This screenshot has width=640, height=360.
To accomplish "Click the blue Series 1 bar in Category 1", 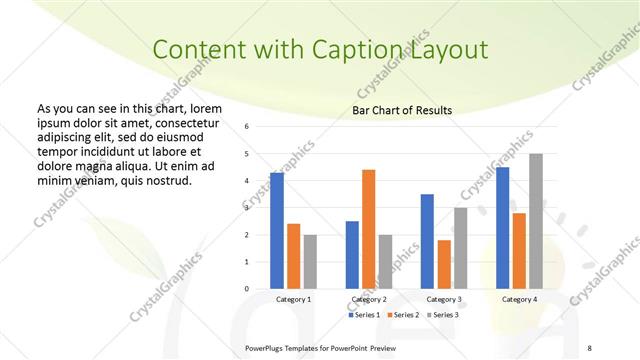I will tap(277, 231).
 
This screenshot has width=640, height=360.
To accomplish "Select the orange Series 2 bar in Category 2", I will tap(368, 229).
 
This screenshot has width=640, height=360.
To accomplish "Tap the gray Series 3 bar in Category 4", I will tap(536, 221).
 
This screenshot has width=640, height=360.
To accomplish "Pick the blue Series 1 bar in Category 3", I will tap(427, 241).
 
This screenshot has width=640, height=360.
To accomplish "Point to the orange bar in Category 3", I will tap(444, 264).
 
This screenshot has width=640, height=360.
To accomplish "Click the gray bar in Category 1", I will tap(310, 262).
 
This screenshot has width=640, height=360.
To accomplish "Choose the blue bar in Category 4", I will tap(502, 228).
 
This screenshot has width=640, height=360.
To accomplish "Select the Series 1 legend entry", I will tap(364, 315).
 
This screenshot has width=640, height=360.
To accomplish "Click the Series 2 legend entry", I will tap(404, 315).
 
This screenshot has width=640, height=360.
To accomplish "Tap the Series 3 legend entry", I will tap(444, 315).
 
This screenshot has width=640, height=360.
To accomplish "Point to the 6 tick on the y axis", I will tap(247, 127).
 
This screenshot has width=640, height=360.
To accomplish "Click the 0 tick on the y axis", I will tap(247, 289).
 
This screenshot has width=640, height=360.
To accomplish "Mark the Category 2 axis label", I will tap(369, 299).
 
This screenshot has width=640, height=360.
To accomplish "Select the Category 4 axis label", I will tap(519, 299).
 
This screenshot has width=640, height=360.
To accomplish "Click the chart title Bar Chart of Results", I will tap(402, 110).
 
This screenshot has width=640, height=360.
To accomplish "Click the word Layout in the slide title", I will tap(452, 50).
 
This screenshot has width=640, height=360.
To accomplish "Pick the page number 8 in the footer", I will tap(589, 347).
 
